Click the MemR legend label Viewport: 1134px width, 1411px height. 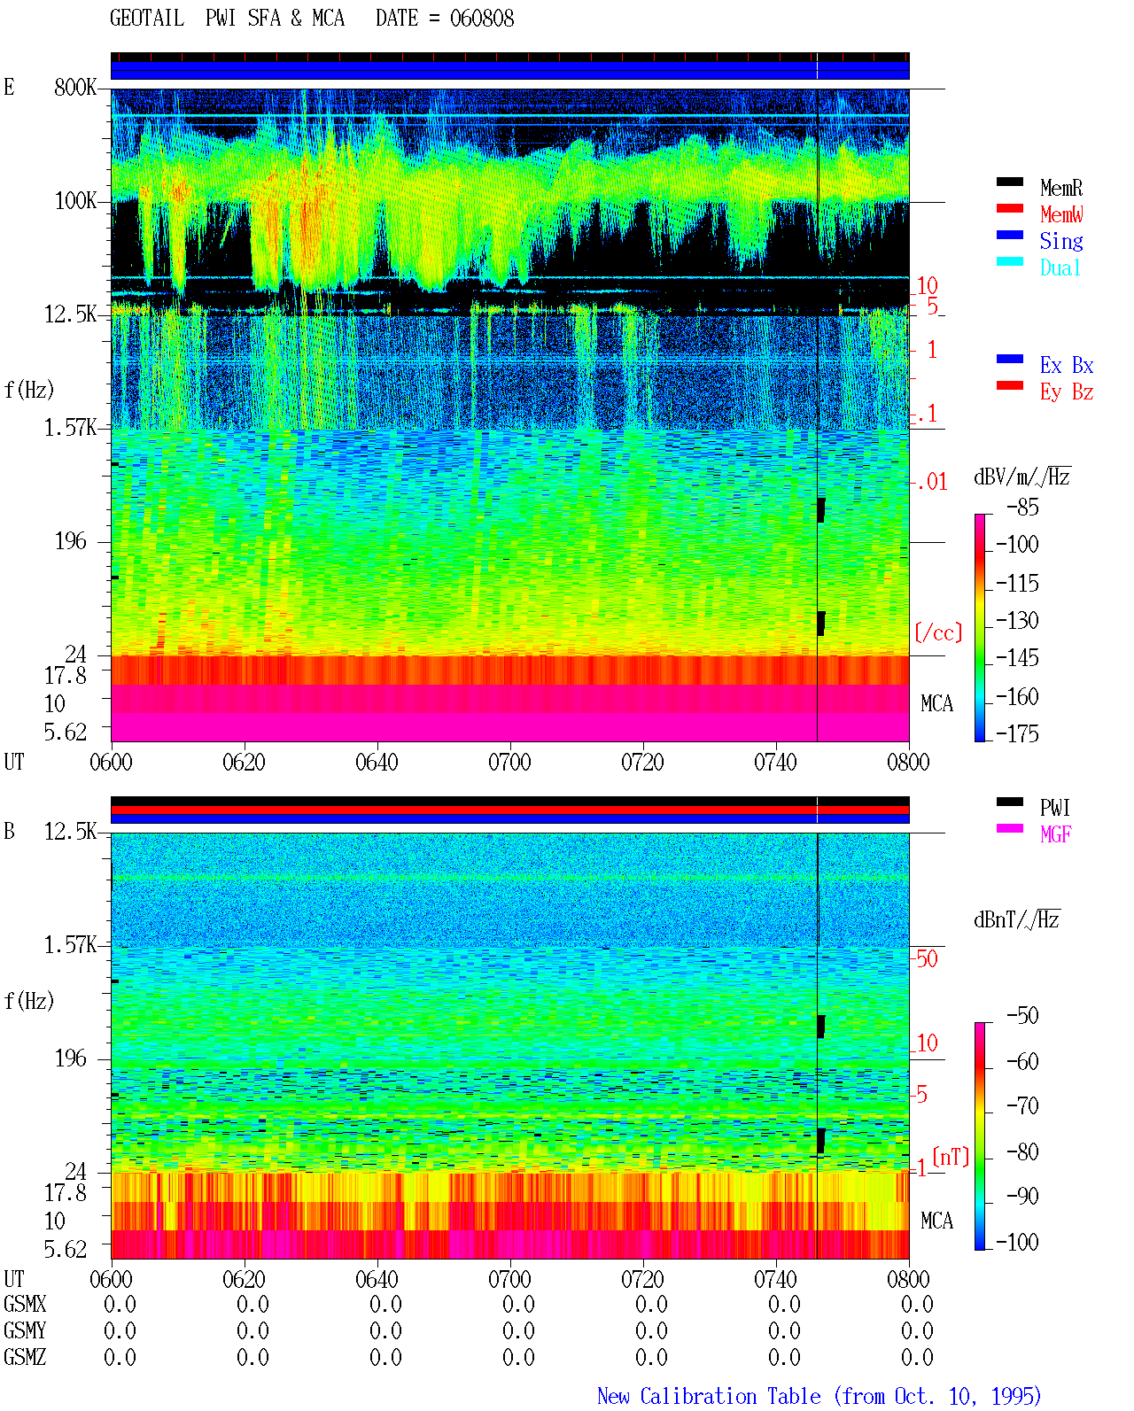(x=1060, y=188)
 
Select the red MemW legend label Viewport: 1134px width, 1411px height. (x=1060, y=214)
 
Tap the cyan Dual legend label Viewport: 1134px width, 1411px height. (x=1060, y=267)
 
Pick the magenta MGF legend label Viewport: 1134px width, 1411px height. (x=1055, y=834)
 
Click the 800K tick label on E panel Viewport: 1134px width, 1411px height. (x=75, y=87)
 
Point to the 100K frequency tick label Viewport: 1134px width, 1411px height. (x=75, y=201)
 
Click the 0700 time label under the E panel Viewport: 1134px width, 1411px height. (x=509, y=763)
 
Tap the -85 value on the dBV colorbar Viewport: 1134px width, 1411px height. (x=1022, y=507)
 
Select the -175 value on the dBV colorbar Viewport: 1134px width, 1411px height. (x=1017, y=733)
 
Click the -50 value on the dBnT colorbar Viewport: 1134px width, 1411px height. (x=1022, y=1016)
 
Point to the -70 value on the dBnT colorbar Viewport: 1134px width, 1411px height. (x=1022, y=1106)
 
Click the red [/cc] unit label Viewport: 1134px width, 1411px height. (x=938, y=632)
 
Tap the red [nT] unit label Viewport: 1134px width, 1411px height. (x=951, y=1156)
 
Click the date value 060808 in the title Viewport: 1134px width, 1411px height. (x=481, y=19)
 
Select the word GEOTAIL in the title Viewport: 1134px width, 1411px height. (x=147, y=19)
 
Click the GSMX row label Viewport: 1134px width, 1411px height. (x=25, y=1304)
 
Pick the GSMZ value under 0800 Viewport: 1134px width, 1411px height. (x=917, y=1357)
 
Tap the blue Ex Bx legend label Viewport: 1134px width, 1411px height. (x=1067, y=365)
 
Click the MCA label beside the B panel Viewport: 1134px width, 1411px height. (x=936, y=1221)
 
